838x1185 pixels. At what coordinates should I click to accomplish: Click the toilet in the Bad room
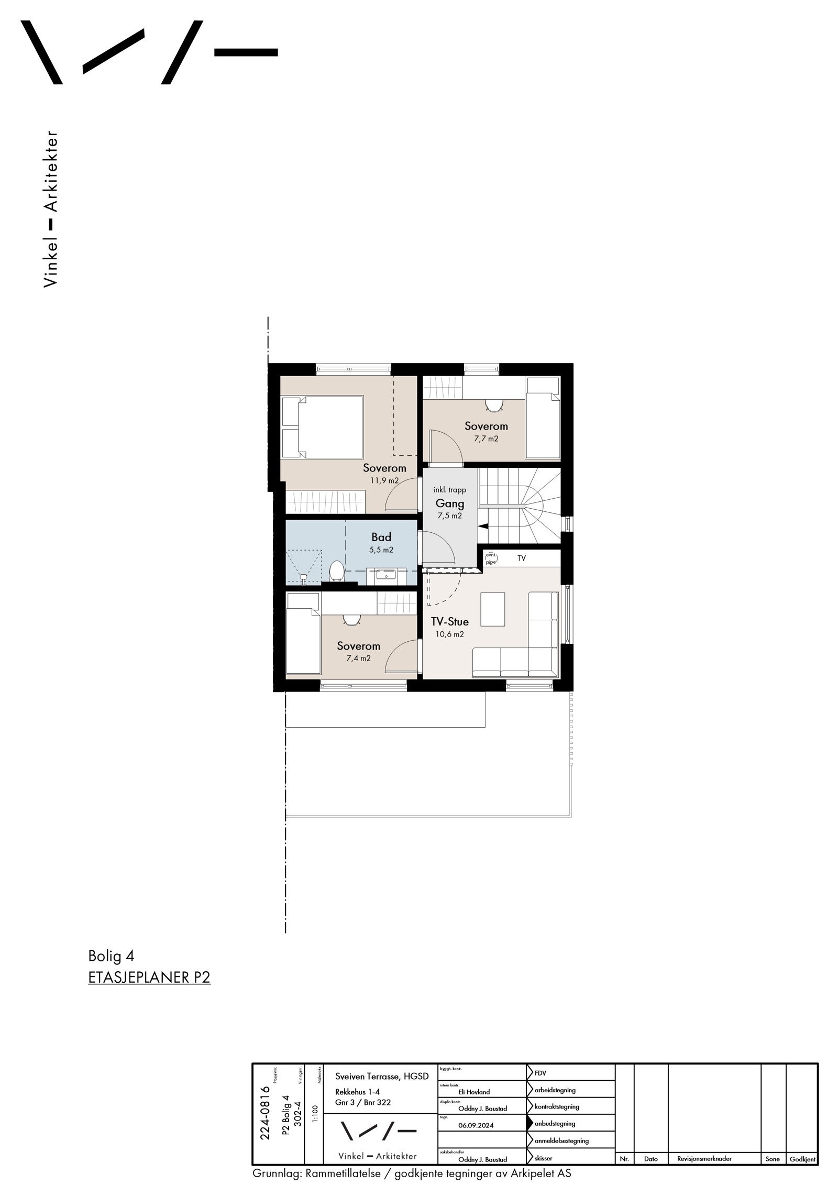tap(336, 570)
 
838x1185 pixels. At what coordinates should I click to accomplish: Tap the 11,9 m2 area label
tap(384, 480)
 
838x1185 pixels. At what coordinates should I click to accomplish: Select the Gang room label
tap(450, 504)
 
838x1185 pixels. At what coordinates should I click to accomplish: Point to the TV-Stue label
tap(449, 622)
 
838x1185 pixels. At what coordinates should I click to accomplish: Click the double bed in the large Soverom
tap(323, 426)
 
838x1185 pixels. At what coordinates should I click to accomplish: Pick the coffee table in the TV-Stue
tap(493, 609)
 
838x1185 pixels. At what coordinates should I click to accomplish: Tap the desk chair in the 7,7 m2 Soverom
tap(493, 405)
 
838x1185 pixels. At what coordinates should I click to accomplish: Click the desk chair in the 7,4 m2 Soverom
tap(350, 619)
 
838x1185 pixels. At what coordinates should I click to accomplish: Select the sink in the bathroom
tap(387, 576)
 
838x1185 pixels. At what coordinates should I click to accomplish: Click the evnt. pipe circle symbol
tap(491, 558)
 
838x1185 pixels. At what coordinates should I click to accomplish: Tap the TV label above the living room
tap(522, 558)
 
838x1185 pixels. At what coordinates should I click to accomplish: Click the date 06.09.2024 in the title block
tap(476, 1125)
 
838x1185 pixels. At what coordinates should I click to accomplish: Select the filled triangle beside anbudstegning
tap(530, 1123)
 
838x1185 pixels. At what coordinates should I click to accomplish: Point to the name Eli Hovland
tap(474, 1092)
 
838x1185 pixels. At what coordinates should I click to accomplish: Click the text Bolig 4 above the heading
tap(111, 956)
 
